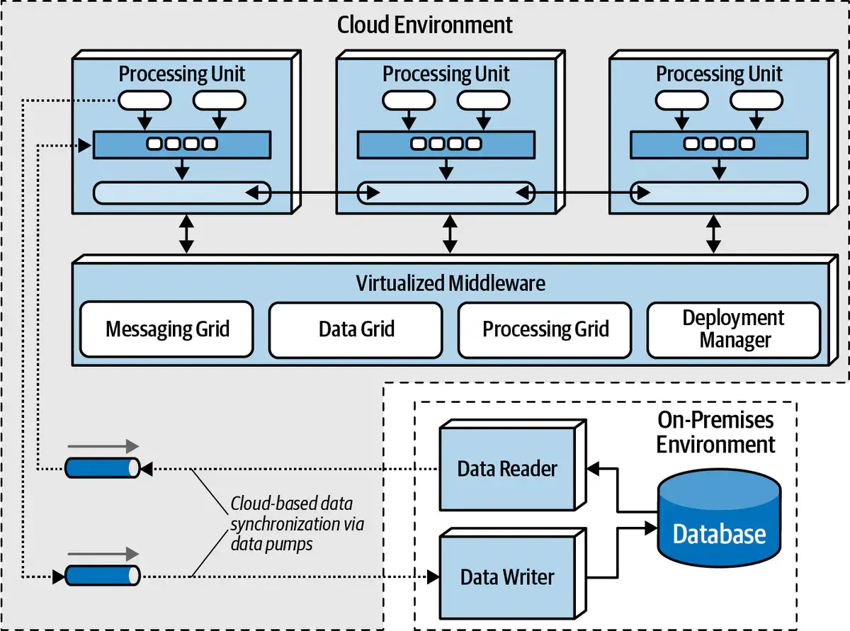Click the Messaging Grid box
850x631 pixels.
pyautogui.click(x=166, y=329)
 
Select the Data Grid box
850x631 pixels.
pyautogui.click(x=356, y=329)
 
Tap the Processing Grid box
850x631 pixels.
pyautogui.click(x=545, y=329)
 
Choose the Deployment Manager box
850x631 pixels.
pyautogui.click(x=734, y=329)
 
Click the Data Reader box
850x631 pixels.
pyautogui.click(x=507, y=468)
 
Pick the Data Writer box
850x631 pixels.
pyautogui.click(x=507, y=577)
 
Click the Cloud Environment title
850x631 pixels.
pyautogui.click(x=424, y=25)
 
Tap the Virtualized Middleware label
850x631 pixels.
pyautogui.click(x=450, y=284)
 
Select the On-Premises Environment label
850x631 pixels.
pyautogui.click(x=716, y=432)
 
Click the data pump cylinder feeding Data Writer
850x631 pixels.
pyautogui.click(x=103, y=576)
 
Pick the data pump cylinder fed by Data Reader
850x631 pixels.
pyautogui.click(x=103, y=467)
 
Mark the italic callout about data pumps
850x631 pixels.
pyautogui.click(x=293, y=525)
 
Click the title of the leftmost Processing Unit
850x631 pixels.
pyautogui.click(x=182, y=74)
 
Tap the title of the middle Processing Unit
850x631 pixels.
pyautogui.click(x=446, y=74)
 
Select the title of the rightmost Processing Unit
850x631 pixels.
pyautogui.click(x=719, y=74)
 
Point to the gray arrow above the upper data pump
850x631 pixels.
pyautogui.click(x=103, y=446)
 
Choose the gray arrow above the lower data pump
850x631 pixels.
pyautogui.click(x=103, y=553)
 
